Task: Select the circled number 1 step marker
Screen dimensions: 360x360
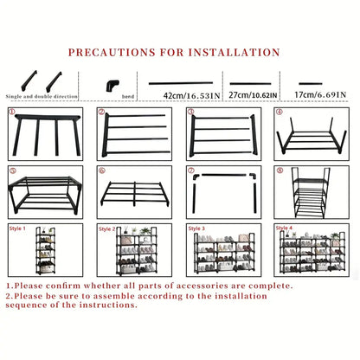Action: tap(13, 112)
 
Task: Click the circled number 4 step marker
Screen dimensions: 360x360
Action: tap(279, 112)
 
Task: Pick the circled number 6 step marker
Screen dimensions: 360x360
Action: tap(101, 170)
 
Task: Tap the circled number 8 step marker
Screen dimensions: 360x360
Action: tap(279, 170)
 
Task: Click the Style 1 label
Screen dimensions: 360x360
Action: tap(18, 228)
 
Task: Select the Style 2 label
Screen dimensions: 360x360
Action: tap(106, 228)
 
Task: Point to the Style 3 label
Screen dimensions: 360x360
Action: tap(196, 228)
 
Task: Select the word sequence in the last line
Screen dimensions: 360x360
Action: tap(31, 306)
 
